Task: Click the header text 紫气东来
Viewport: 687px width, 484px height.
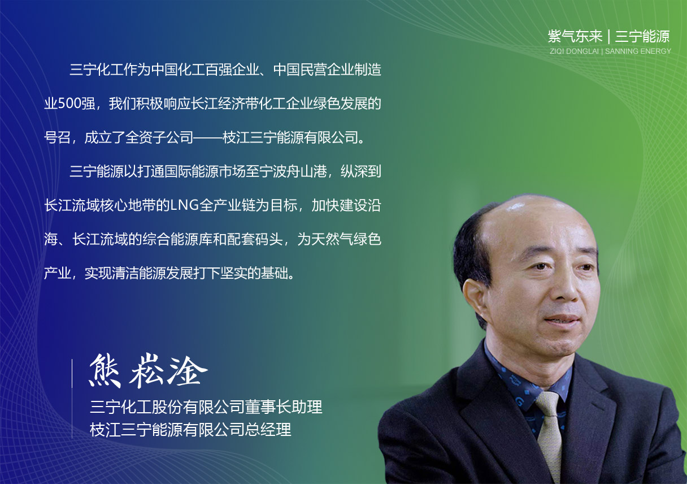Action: pos(575,37)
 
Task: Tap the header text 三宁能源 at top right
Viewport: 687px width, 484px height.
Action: pos(642,37)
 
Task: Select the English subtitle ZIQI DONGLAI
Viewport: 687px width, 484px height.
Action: pos(574,51)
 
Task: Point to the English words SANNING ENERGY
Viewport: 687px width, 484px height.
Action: pos(638,51)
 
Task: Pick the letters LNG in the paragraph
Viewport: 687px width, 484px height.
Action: pos(184,205)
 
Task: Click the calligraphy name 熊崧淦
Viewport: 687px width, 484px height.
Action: pos(149,371)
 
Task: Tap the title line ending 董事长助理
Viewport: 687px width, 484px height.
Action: pos(206,407)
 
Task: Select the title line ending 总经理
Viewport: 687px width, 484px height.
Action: pos(190,429)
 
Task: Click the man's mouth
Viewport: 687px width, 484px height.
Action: pos(562,320)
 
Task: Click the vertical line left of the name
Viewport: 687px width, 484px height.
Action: pos(72,399)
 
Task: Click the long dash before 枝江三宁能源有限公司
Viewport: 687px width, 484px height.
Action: pos(208,137)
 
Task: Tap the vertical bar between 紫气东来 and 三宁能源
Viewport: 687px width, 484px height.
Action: pos(609,37)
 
